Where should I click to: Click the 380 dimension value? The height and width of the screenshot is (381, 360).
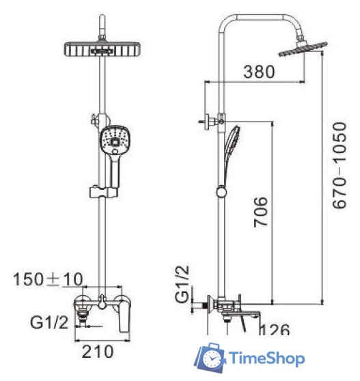(x=259, y=72)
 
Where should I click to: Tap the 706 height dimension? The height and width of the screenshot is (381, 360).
(x=260, y=212)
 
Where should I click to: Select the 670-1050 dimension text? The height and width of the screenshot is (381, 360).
(x=340, y=165)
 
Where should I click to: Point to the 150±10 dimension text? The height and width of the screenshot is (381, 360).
(x=48, y=279)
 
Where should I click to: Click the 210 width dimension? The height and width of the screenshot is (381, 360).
(x=98, y=352)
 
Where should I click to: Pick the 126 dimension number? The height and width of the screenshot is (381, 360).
(x=275, y=330)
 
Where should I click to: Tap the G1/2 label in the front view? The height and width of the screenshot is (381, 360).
(x=49, y=322)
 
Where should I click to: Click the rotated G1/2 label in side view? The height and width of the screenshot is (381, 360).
(x=182, y=284)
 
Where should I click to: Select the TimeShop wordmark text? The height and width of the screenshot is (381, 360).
(x=266, y=358)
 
